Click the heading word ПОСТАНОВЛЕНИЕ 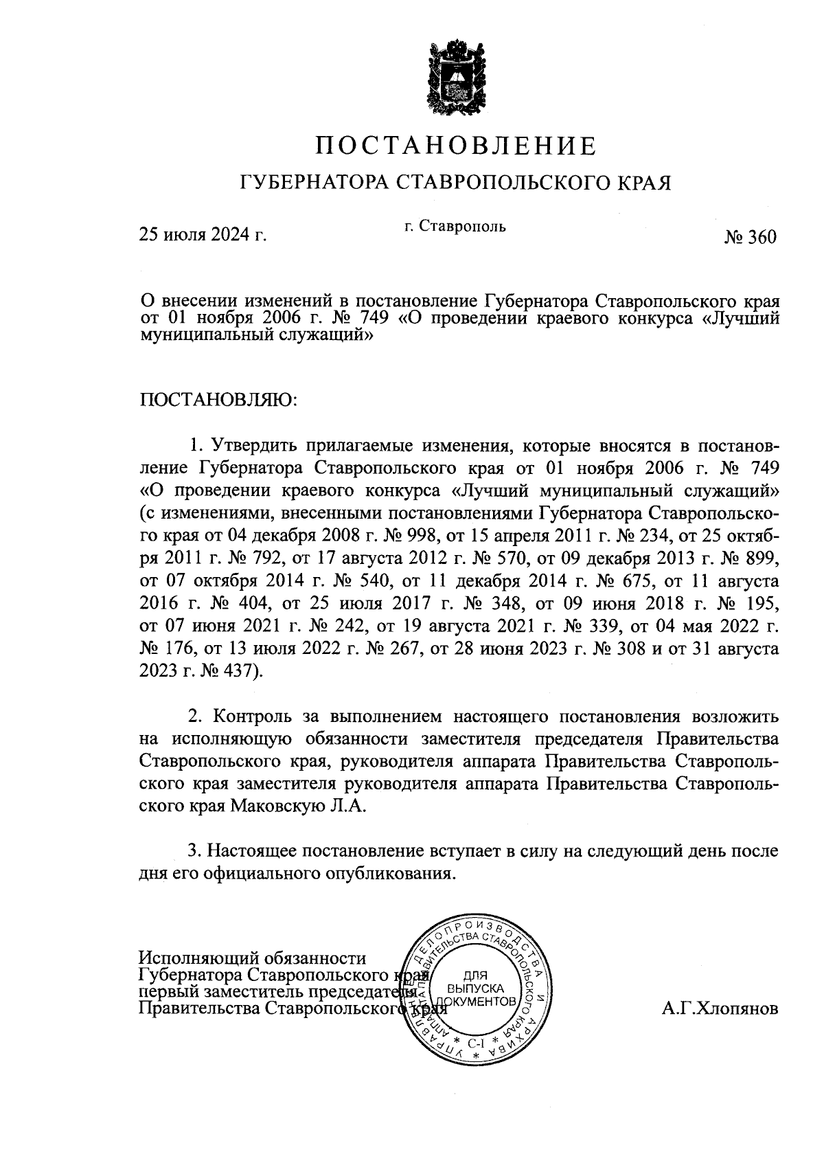tap(456, 146)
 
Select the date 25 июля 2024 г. tap(203, 236)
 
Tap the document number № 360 tap(750, 238)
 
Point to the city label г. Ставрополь tap(455, 226)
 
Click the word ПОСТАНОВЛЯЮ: tap(219, 399)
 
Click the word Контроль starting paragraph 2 tap(252, 716)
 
